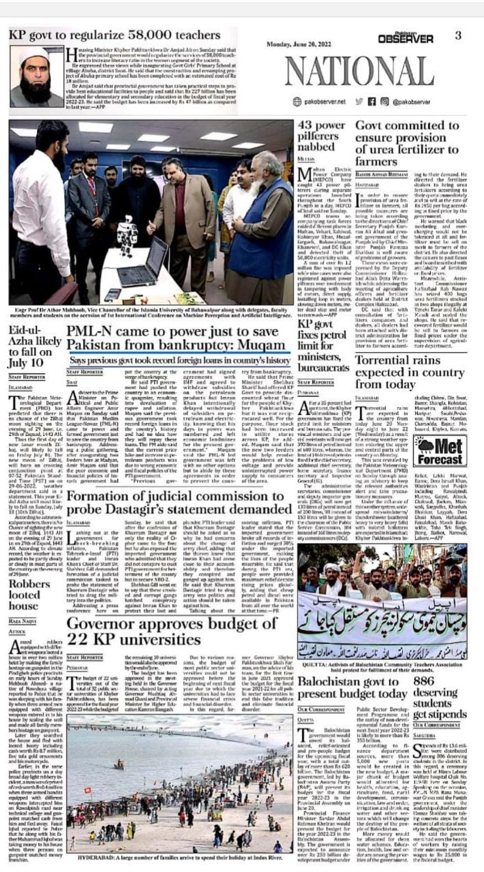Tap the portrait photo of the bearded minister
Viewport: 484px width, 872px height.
[x=36, y=77]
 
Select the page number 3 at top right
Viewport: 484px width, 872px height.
[x=458, y=35]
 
